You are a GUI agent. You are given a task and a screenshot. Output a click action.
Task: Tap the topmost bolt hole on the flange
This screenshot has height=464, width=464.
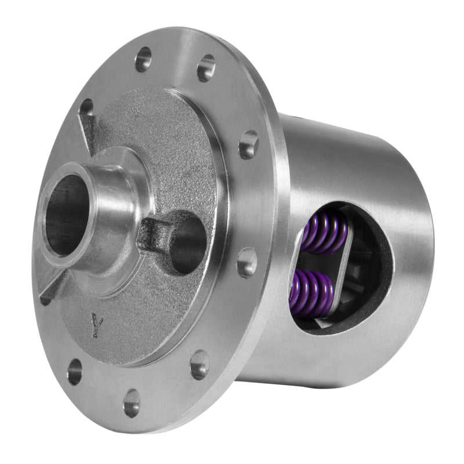(x=143, y=59)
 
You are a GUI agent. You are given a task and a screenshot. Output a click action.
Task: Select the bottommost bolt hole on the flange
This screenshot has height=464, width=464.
(x=132, y=402)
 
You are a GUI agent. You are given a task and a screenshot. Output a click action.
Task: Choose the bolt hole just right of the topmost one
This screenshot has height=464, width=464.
(x=206, y=68)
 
